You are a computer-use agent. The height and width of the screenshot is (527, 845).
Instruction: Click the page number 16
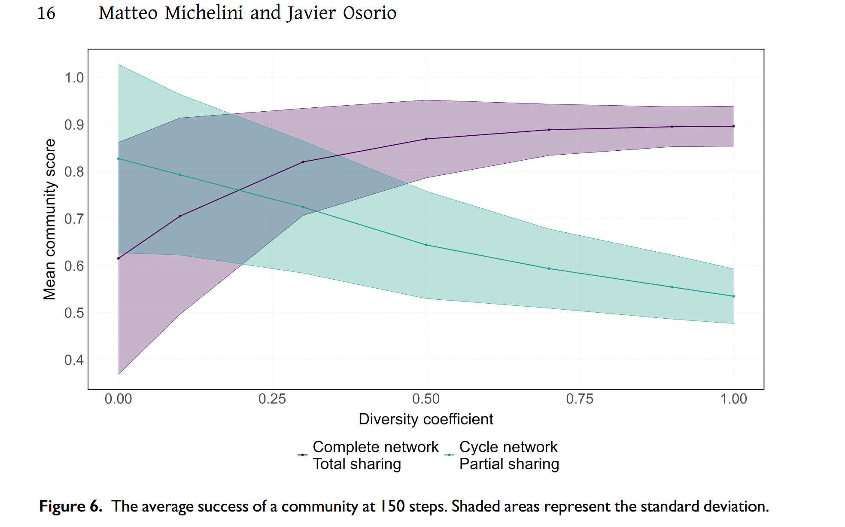[x=46, y=13]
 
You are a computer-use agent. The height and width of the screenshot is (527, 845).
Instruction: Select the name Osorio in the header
[x=369, y=13]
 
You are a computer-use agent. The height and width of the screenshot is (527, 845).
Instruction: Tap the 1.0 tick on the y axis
[x=74, y=78]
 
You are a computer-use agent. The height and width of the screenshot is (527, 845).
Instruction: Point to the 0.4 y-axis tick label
[x=74, y=360]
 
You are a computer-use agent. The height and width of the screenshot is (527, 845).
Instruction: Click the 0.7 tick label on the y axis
[x=74, y=219]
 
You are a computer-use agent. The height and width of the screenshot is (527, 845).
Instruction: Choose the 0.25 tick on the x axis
[x=272, y=399]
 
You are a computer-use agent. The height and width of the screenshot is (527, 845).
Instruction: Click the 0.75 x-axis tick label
[x=580, y=399]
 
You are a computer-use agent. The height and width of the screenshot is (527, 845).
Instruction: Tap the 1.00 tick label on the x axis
[x=733, y=399]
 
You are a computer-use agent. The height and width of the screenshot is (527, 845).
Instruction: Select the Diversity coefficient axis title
[x=426, y=419]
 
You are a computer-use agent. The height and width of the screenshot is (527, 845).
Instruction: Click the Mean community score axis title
[x=50, y=219]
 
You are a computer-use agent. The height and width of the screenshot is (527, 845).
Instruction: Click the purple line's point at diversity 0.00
[x=119, y=258]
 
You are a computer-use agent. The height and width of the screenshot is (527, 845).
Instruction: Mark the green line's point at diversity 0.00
[x=119, y=159]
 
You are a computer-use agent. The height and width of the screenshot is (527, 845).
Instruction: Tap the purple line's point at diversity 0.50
[x=426, y=139]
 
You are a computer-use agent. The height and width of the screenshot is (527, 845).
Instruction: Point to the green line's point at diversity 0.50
[x=426, y=245]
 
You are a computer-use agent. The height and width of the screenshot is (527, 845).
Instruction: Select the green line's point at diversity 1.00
[x=733, y=296]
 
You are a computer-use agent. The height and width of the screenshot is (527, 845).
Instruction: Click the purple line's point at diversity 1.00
[x=733, y=126]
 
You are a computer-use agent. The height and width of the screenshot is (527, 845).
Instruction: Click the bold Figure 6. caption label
[x=71, y=506]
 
